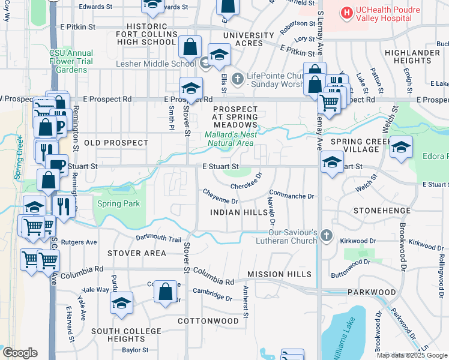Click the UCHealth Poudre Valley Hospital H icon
pyautogui.click(x=346, y=12)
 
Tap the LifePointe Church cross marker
pyautogui.click(x=238, y=78)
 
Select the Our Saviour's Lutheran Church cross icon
pyautogui.click(x=326, y=235)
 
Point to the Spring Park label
pyautogui.click(x=118, y=204)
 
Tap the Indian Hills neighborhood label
pyautogui.click(x=238, y=213)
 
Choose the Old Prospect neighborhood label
pyautogui.click(x=116, y=143)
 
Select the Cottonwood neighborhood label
pyautogui.click(x=208, y=321)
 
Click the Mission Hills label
pyautogui.click(x=279, y=274)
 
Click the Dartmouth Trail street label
pyautogui.click(x=158, y=238)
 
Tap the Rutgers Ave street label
pyautogui.click(x=82, y=242)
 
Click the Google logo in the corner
pyautogui.click(x=20, y=352)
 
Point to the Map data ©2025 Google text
pyautogui.click(x=412, y=355)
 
